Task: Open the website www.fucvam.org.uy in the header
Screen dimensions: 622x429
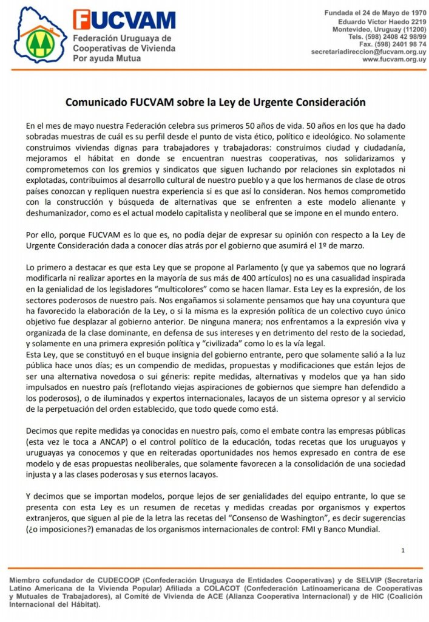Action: coord(394,60)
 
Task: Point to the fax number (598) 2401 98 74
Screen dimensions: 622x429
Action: coord(392,44)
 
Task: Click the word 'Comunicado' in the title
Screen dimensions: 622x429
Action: coord(95,102)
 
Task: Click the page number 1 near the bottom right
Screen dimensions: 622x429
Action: coord(403,550)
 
